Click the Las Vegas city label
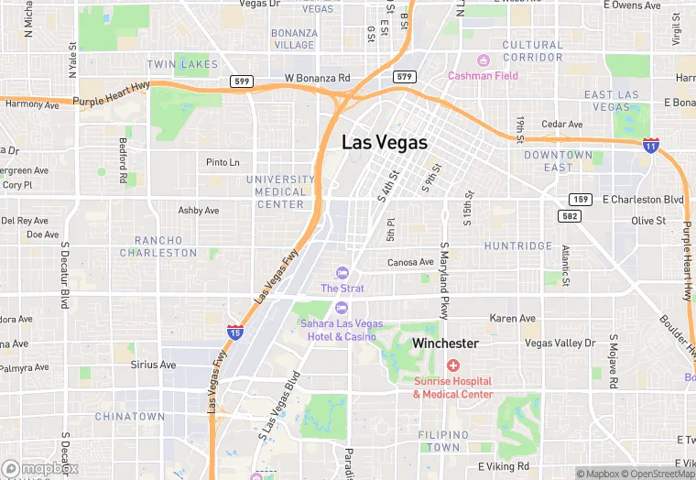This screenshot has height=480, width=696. [385, 143]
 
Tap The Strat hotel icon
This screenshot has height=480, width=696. [343, 272]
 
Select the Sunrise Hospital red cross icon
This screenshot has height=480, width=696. [452, 365]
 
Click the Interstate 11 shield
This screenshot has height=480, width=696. [650, 146]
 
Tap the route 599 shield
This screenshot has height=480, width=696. [242, 82]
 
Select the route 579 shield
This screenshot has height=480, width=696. [404, 77]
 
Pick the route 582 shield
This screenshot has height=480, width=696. [569, 214]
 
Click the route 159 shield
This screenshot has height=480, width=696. [580, 199]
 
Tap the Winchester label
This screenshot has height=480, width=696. [445, 344]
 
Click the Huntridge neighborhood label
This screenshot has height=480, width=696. [518, 246]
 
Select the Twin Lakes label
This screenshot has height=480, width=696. [183, 65]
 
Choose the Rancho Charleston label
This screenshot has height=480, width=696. [158, 246]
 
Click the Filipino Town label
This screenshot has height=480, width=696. [444, 441]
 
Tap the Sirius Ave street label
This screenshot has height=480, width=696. [153, 365]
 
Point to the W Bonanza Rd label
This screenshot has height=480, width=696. [318, 79]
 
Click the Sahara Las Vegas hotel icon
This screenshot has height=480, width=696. [342, 307]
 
